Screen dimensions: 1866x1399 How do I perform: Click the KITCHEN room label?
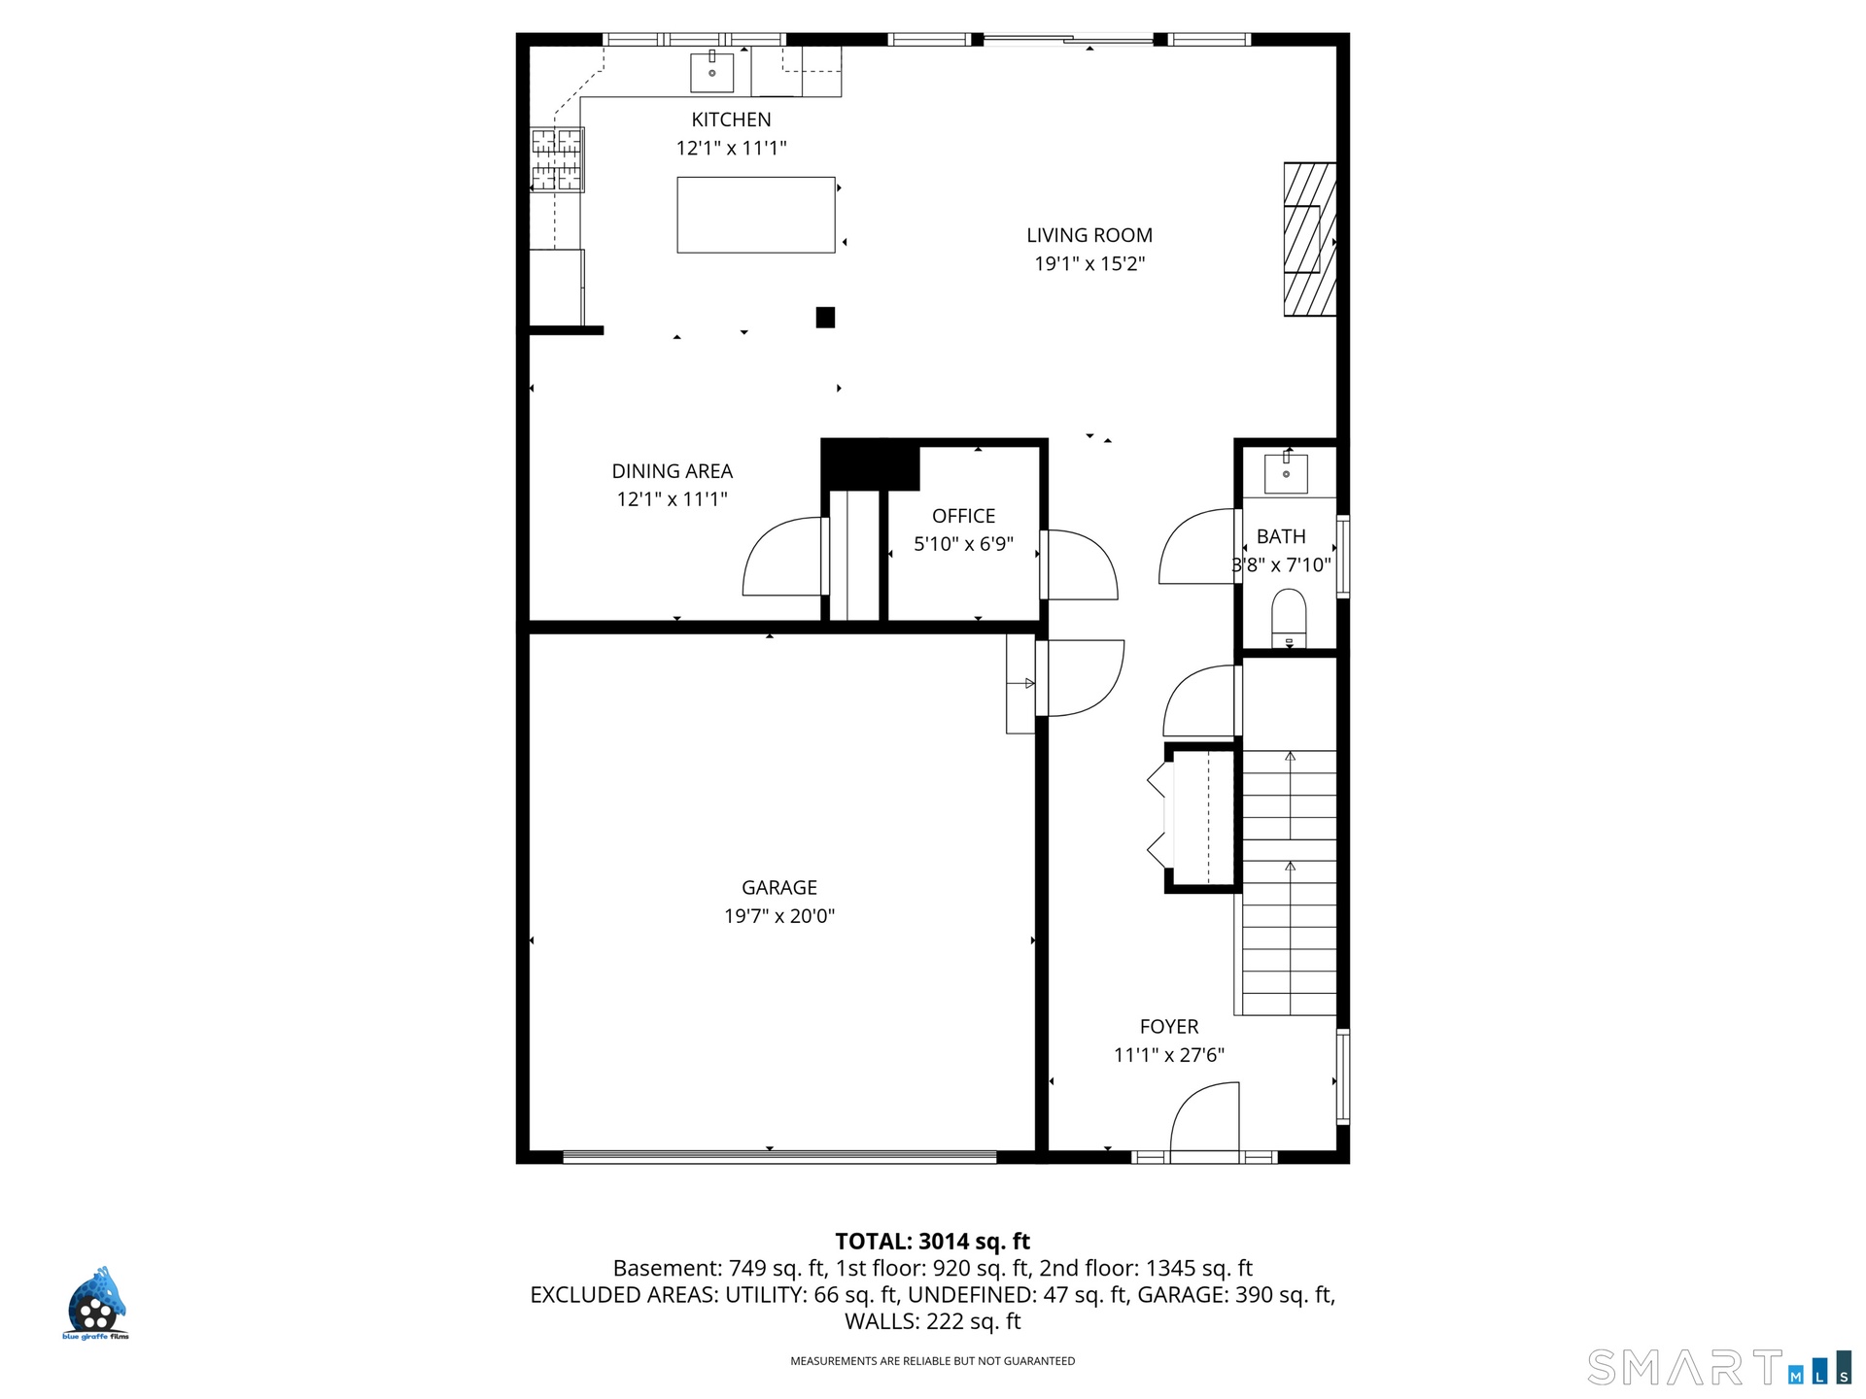coord(731,119)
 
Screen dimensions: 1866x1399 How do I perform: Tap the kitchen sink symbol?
coord(712,72)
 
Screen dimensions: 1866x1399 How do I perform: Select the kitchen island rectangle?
coord(756,215)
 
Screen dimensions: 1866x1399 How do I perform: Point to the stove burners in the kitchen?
coord(557,159)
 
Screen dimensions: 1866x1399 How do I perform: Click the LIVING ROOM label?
coord(1089,235)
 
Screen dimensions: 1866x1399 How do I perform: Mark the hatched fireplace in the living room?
coord(1310,239)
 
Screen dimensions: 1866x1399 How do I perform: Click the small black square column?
coord(825,317)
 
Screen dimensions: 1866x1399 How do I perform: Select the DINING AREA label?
coord(673,471)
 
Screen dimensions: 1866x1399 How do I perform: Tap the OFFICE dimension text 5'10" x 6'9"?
coord(963,544)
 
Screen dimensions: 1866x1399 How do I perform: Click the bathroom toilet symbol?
coord(1289,618)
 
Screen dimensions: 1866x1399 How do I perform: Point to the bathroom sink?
coord(1286,473)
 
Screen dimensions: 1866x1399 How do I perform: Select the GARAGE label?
coord(779,887)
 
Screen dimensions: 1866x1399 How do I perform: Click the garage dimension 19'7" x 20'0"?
coord(779,915)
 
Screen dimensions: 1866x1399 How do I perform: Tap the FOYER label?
coord(1169,1026)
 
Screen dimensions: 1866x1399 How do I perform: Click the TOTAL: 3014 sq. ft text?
coord(933,1241)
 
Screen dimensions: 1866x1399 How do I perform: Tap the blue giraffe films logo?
coord(95,1303)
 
